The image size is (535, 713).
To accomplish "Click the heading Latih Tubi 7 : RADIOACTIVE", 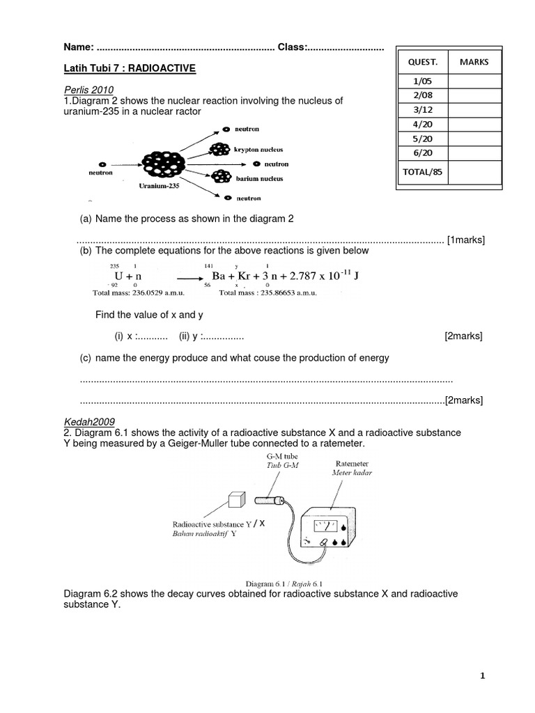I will pyautogui.click(x=130, y=68).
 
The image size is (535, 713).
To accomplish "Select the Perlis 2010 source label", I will pyautogui.click(x=88, y=90).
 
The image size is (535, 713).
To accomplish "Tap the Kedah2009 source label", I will pyautogui.click(x=89, y=421).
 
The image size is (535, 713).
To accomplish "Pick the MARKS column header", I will pyautogui.click(x=474, y=62).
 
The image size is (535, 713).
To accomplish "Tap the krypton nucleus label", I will pyautogui.click(x=258, y=149).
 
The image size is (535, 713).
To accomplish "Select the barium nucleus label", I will pyautogui.click(x=257, y=178).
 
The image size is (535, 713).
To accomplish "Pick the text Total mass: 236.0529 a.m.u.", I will pyautogui.click(x=134, y=293).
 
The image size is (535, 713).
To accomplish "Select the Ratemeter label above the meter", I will pyautogui.click(x=352, y=462).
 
